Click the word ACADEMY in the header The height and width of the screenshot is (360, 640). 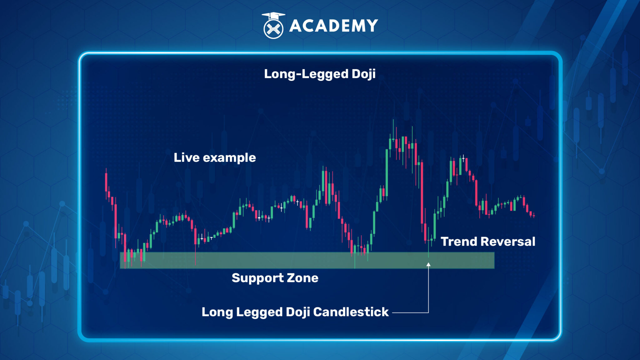click(333, 26)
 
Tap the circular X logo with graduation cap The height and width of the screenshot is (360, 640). click(273, 27)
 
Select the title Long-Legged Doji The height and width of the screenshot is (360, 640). click(320, 74)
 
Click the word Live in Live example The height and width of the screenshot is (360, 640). click(187, 157)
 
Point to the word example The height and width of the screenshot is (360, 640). click(229, 158)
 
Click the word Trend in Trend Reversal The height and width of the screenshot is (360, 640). click(459, 242)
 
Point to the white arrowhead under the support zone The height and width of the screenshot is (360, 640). click(428, 265)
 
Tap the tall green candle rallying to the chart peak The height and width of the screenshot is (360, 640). click(387, 172)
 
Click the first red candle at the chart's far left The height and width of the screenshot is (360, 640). click(106, 181)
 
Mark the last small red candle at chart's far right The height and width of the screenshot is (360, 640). click(534, 215)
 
